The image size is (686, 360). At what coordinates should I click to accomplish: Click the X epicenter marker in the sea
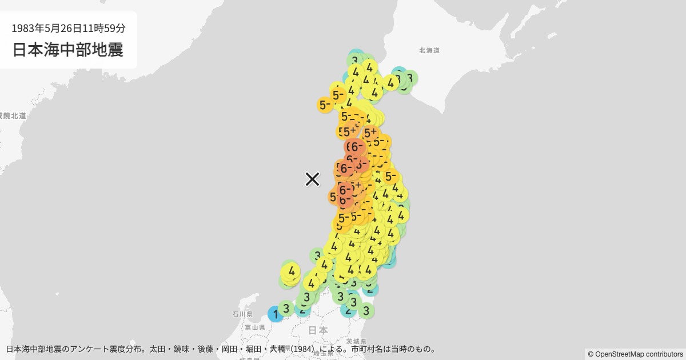pyautogui.click(x=312, y=179)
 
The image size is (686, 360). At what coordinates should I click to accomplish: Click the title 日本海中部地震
pyautogui.click(x=68, y=50)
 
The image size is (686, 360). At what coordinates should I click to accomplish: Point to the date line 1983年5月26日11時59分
pyautogui.click(x=68, y=27)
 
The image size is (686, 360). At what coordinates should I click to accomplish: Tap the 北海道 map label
pyautogui.click(x=429, y=51)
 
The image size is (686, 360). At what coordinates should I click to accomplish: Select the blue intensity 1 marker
pyautogui.click(x=276, y=314)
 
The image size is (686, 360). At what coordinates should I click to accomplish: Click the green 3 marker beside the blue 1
pyautogui.click(x=286, y=309)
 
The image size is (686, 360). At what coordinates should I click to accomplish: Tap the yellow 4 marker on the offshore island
pyautogui.click(x=292, y=271)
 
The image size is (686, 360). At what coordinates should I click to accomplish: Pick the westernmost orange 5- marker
pyautogui.click(x=325, y=105)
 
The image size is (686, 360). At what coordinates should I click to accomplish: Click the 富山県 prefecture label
pyautogui.click(x=254, y=327)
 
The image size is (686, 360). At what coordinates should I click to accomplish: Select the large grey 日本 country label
pyautogui.click(x=318, y=330)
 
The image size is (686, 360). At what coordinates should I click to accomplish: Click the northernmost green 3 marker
pyautogui.click(x=354, y=59)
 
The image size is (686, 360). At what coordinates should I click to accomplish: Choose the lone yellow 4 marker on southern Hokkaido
pyautogui.click(x=391, y=83)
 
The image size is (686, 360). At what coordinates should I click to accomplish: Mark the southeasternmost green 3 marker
pyautogui.click(x=366, y=311)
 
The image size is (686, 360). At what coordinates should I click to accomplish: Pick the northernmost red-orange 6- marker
pyautogui.click(x=354, y=147)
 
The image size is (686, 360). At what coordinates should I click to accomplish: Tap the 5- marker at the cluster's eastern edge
pyautogui.click(x=390, y=176)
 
